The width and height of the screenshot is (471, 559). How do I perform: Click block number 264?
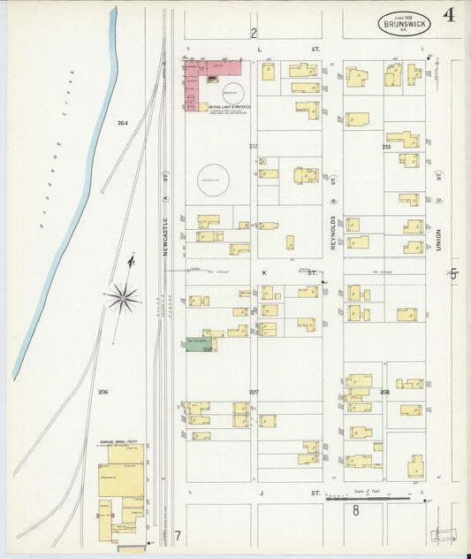tap(122, 123)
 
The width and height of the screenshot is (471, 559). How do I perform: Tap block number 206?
tap(103, 391)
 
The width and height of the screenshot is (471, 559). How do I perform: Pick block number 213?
tap(385, 146)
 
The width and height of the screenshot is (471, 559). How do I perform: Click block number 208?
tap(384, 391)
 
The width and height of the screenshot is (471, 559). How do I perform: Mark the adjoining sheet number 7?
tap(177, 535)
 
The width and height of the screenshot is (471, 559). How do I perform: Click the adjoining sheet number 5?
tap(454, 274)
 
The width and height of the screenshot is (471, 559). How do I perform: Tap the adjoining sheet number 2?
tap(253, 34)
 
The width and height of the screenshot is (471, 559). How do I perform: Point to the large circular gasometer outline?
tap(214, 180)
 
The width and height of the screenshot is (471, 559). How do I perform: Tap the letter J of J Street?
tap(261, 492)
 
